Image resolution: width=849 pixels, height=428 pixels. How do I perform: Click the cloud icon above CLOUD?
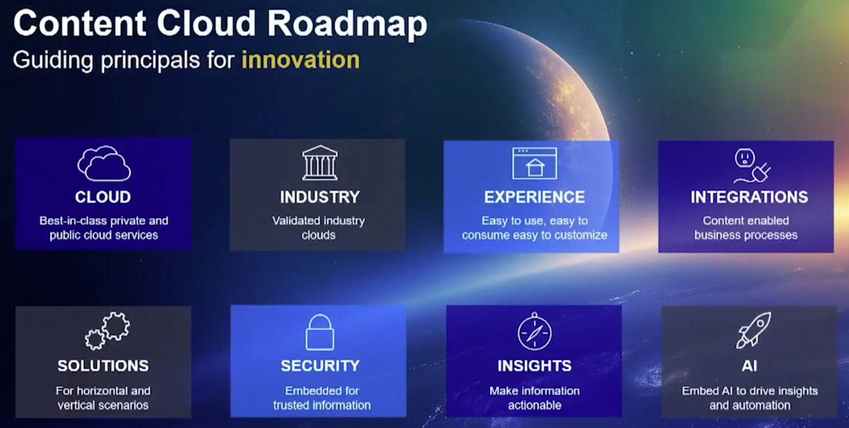(104, 163)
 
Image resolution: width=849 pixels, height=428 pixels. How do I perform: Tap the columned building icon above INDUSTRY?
(320, 163)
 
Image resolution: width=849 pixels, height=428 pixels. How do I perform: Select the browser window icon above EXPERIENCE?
(534, 163)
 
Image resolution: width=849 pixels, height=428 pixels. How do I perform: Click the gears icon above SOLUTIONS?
(107, 330)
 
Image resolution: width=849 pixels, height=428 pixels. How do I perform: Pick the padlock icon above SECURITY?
(320, 332)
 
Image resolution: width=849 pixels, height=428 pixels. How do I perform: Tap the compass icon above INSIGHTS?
(534, 332)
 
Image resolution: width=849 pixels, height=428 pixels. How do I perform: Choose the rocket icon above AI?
(753, 330)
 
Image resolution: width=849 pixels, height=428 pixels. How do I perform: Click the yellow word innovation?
(300, 59)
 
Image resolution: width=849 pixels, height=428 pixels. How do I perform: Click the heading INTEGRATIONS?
(749, 197)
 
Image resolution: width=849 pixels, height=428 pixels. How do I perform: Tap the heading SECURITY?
(320, 366)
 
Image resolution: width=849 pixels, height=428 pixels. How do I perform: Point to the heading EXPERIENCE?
(534, 197)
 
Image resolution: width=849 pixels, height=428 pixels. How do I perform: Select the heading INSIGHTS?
(534, 366)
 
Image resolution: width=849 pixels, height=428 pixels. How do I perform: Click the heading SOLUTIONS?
(103, 366)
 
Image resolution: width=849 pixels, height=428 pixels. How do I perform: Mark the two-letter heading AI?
(749, 366)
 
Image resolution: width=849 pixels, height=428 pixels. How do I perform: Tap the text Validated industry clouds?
(319, 228)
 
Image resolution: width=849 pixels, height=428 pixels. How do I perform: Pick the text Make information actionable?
(534, 398)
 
